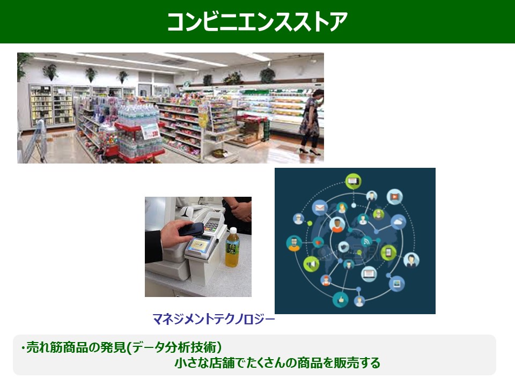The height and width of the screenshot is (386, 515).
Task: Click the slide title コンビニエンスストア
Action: pyautogui.click(x=257, y=22)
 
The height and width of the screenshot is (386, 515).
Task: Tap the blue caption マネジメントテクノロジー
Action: pyautogui.click(x=214, y=319)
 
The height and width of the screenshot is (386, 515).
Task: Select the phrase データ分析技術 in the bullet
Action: pyautogui.click(x=174, y=347)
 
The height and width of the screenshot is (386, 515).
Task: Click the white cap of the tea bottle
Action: pyautogui.click(x=233, y=230)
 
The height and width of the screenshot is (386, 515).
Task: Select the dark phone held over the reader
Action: pyautogui.click(x=191, y=229)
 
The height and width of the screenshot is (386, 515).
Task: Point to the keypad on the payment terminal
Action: pyautogui.click(x=211, y=226)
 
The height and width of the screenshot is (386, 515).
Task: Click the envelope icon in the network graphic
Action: pyautogui.click(x=320, y=208)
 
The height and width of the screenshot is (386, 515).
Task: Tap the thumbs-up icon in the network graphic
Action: pyautogui.click(x=341, y=299)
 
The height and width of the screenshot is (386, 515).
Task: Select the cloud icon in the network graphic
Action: pyautogui.click(x=399, y=222)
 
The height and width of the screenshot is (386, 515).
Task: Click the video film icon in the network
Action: pyautogui.click(x=394, y=197)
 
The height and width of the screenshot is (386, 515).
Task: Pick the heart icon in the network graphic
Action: pyautogui.click(x=318, y=243)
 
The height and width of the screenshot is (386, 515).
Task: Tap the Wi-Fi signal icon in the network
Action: pyautogui.click(x=366, y=242)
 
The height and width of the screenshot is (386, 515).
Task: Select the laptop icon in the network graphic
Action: pyautogui.click(x=369, y=273)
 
